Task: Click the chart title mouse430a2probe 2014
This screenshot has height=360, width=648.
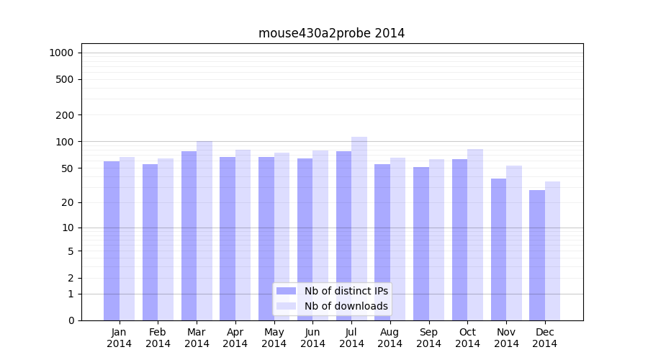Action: pyautogui.click(x=331, y=33)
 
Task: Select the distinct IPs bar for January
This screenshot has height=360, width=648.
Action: pyautogui.click(x=112, y=241)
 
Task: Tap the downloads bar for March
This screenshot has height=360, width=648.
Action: pyautogui.click(x=204, y=230)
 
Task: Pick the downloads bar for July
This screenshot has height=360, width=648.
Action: pyautogui.click(x=359, y=228)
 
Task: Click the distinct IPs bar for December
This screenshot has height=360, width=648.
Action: pyautogui.click(x=537, y=256)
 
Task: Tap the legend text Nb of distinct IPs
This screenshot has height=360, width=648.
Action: pyautogui.click(x=346, y=291)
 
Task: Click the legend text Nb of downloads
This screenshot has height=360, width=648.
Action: pyautogui.click(x=346, y=306)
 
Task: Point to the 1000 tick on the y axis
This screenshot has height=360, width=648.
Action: pyautogui.click(x=61, y=53)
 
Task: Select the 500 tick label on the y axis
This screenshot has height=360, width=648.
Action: pyautogui.click(x=64, y=79)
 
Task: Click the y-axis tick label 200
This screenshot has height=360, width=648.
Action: pyautogui.click(x=64, y=115)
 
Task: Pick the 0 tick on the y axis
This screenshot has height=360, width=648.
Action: pyautogui.click(x=71, y=320)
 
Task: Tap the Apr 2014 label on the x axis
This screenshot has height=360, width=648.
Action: pyautogui.click(x=235, y=338)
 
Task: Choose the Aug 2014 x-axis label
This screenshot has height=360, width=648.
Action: pyautogui.click(x=390, y=338)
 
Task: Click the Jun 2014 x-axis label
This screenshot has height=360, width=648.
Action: pyautogui.click(x=312, y=338)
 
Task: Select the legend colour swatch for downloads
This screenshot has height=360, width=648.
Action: pyautogui.click(x=286, y=306)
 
